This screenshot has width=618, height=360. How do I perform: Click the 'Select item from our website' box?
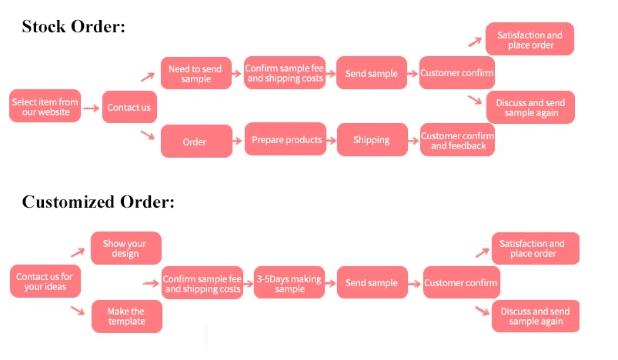click(45, 106)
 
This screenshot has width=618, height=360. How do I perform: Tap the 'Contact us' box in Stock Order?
click(129, 107)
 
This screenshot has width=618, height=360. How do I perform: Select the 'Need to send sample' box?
click(195, 74)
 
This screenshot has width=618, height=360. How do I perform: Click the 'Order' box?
click(195, 142)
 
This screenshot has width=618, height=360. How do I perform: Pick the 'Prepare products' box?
click(287, 140)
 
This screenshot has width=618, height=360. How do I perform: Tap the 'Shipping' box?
click(372, 140)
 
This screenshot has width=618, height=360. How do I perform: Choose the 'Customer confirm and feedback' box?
click(457, 141)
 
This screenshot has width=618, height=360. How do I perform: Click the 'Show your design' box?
click(125, 248)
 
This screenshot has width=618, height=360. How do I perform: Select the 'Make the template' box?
click(126, 316)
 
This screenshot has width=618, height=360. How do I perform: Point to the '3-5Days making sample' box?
click(289, 283)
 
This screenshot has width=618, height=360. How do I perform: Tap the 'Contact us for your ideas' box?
click(45, 282)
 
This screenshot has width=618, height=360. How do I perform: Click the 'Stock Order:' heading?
click(73, 27)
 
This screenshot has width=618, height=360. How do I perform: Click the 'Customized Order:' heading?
click(99, 202)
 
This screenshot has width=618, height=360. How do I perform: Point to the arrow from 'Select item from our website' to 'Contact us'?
click(92, 108)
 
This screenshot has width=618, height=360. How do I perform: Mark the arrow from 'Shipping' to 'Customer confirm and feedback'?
click(412, 141)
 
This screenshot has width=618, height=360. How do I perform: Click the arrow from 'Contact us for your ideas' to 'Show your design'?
click(77, 252)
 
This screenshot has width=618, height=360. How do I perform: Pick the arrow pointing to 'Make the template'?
click(77, 311)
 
